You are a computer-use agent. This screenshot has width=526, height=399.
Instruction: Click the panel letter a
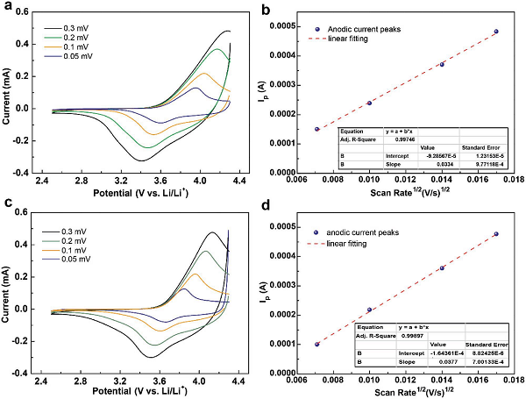point(8,8)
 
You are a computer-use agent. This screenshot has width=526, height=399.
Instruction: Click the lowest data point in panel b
point(317,129)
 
